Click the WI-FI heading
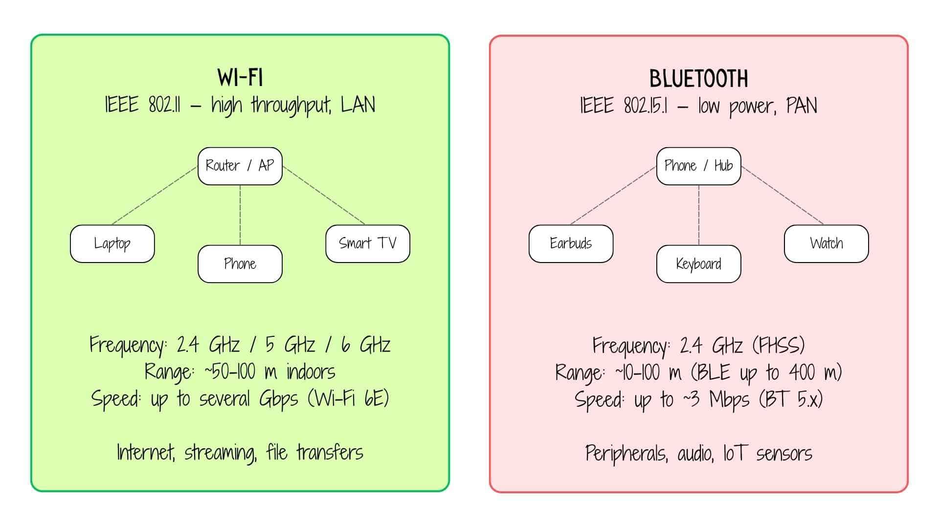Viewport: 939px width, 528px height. (x=240, y=77)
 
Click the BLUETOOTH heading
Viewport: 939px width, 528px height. (x=698, y=78)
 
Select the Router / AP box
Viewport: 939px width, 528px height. (x=240, y=166)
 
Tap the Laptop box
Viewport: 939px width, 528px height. (x=112, y=243)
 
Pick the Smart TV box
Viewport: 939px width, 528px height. (x=367, y=243)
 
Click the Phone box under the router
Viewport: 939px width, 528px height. (x=240, y=264)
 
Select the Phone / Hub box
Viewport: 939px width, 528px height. (x=698, y=166)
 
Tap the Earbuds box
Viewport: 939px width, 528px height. (x=571, y=243)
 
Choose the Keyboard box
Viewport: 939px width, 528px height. (x=698, y=264)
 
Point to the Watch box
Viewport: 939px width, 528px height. (x=826, y=243)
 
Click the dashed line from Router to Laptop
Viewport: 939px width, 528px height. (x=154, y=196)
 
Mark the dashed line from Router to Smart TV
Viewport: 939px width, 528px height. (x=324, y=196)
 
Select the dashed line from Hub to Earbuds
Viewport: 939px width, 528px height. (x=613, y=196)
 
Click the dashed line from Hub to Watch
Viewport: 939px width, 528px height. (x=782, y=196)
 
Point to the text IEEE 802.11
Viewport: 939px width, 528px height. (x=142, y=105)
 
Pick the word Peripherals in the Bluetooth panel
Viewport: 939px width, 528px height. (x=626, y=453)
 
